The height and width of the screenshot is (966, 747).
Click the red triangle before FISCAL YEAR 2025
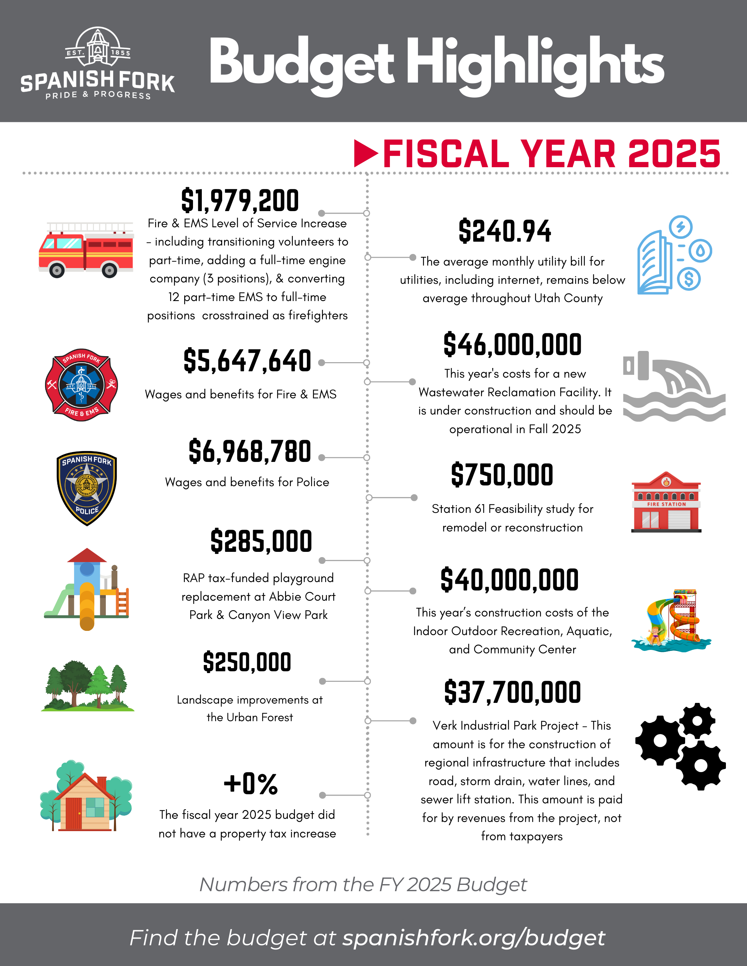366,154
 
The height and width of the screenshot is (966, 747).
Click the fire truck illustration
86,250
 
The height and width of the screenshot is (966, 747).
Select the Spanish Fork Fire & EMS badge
82,385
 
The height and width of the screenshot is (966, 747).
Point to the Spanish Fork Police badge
87,488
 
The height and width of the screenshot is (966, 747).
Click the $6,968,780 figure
250,452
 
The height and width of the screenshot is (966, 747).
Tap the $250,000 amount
247,662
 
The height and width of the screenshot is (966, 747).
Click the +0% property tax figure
251,784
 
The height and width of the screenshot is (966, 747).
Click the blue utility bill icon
674,255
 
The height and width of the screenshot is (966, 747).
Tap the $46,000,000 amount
513,345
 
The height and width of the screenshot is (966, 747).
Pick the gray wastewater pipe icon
674,386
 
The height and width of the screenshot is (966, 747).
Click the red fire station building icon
666,502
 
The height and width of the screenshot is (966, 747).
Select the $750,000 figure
502,475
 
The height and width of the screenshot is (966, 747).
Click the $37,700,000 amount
513,693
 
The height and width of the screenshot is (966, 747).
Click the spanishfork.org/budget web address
474,938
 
